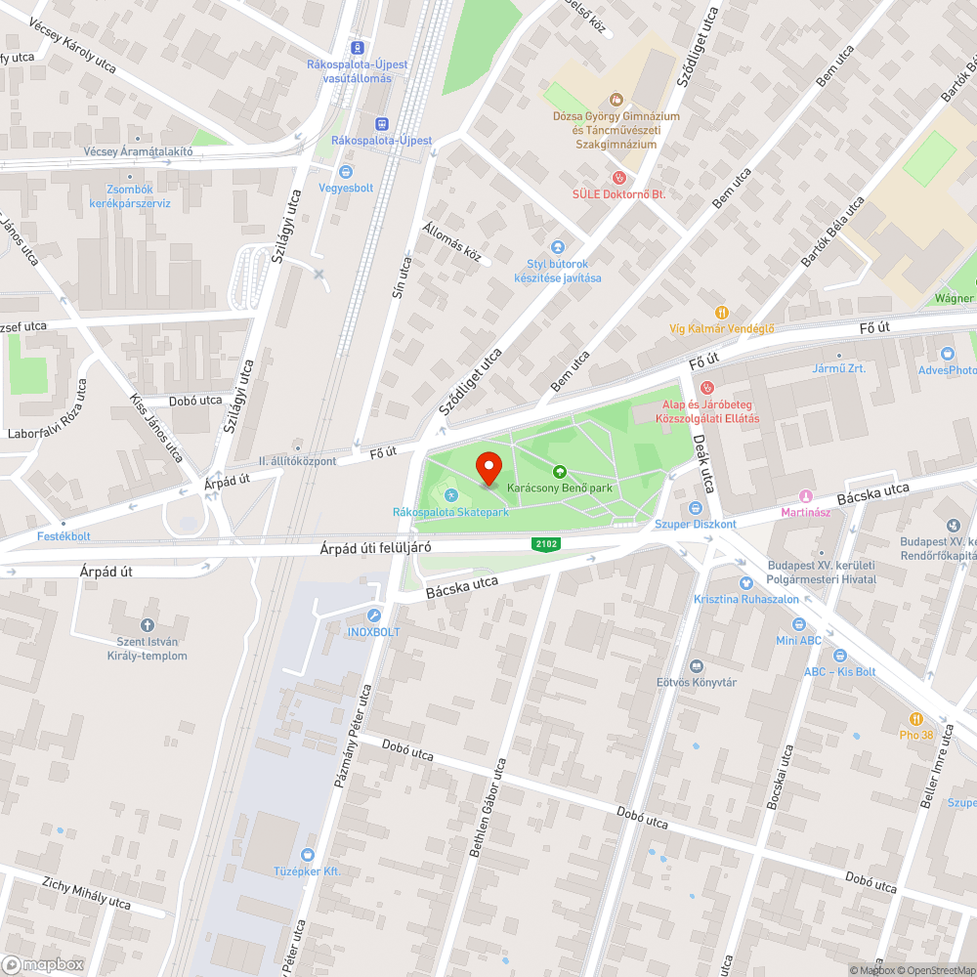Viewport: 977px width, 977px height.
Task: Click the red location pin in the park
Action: tap(488, 468)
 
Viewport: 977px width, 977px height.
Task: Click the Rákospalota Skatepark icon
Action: tap(450, 495)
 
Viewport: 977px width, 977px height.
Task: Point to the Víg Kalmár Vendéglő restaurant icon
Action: tap(721, 313)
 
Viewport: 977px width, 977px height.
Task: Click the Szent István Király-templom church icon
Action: tap(148, 624)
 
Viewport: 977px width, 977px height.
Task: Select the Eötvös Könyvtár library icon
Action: tap(696, 665)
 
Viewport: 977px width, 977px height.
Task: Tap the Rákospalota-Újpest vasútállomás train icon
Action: tap(358, 47)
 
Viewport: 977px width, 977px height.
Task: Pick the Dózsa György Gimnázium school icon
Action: tap(616, 99)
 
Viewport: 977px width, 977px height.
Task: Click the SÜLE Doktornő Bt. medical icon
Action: tap(617, 178)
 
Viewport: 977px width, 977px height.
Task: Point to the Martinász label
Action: tap(806, 512)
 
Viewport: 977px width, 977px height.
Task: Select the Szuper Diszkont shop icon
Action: tap(695, 507)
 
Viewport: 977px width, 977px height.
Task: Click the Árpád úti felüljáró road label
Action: tap(375, 548)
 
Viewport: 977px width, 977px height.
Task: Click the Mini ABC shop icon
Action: tap(798, 624)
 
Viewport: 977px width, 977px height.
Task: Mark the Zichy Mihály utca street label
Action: tap(86, 894)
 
